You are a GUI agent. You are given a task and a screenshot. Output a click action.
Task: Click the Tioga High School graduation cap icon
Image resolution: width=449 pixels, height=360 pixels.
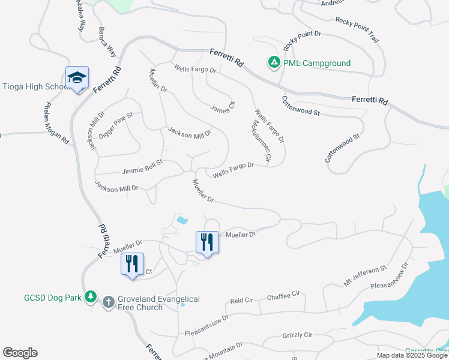tap(77, 77)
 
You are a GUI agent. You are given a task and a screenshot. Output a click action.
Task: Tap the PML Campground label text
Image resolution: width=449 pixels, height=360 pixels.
tap(318, 63)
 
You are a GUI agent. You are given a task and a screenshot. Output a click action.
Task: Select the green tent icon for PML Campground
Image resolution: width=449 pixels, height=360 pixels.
tap(274, 62)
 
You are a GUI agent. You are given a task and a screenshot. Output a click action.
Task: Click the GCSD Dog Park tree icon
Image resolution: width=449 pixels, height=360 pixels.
tap(91, 296)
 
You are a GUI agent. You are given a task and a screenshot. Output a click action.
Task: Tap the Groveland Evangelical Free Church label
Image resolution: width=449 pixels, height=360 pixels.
tap(158, 303)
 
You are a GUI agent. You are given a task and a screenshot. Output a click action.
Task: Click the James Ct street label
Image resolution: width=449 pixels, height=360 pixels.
tap(223, 106)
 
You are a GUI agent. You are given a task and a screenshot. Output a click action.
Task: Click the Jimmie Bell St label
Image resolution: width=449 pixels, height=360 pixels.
tap(142, 167)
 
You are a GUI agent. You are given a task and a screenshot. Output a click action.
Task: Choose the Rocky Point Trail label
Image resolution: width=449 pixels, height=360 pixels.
tap(358, 29)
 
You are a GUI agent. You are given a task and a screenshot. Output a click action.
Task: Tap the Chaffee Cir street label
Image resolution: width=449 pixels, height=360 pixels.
tap(283, 295)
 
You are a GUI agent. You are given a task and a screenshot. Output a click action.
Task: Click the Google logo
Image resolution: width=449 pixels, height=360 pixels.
tap(20, 353)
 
